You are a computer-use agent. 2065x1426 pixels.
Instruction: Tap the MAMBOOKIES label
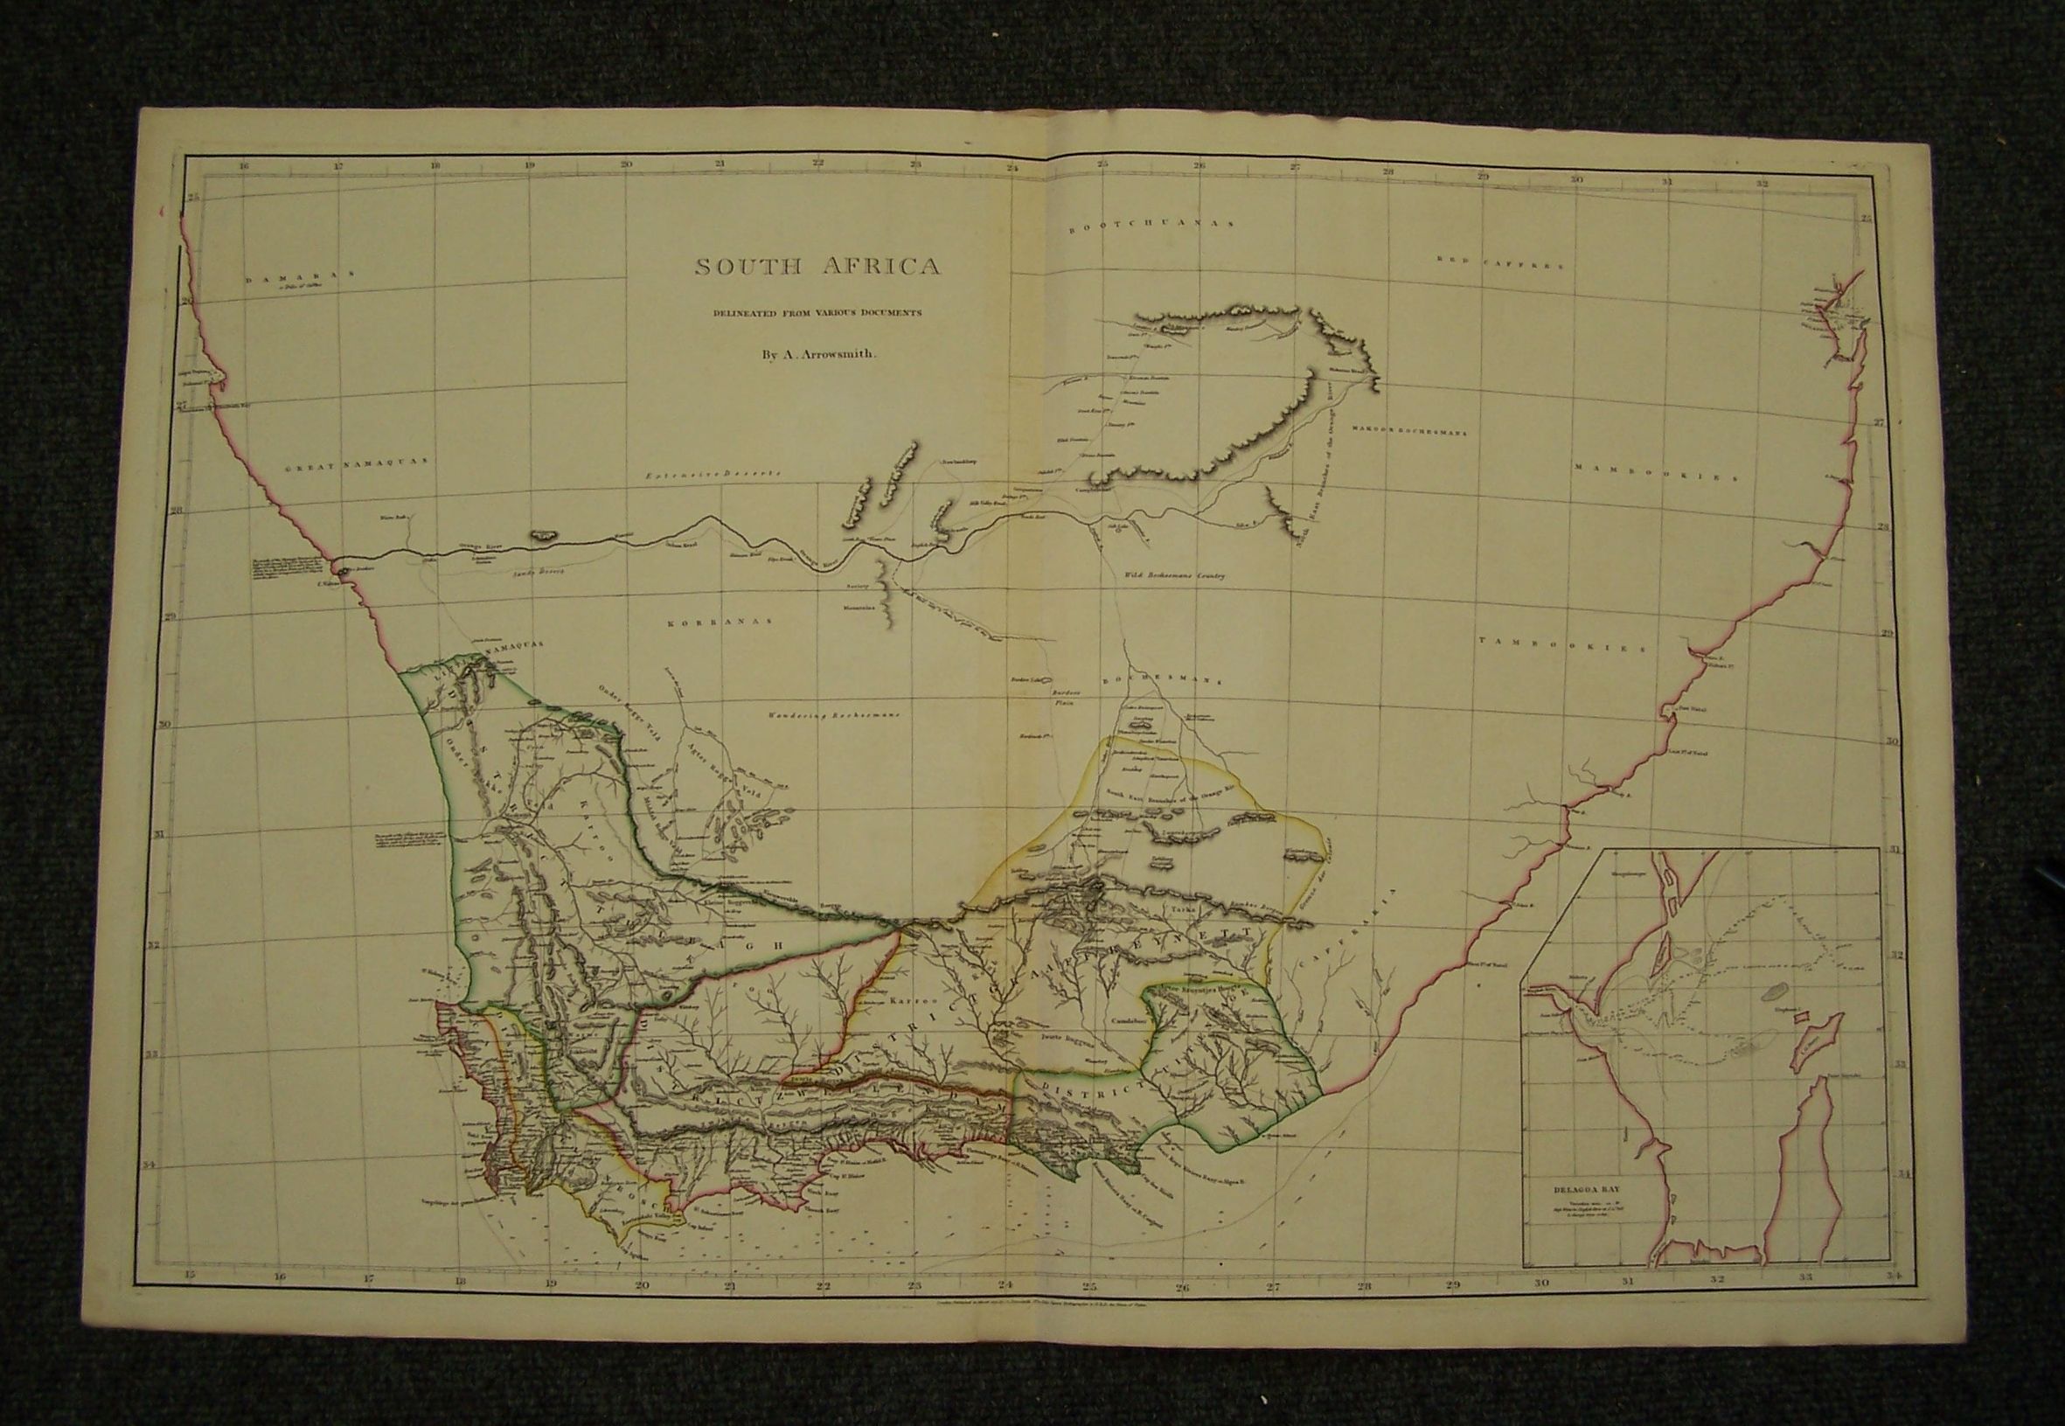1655,471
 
